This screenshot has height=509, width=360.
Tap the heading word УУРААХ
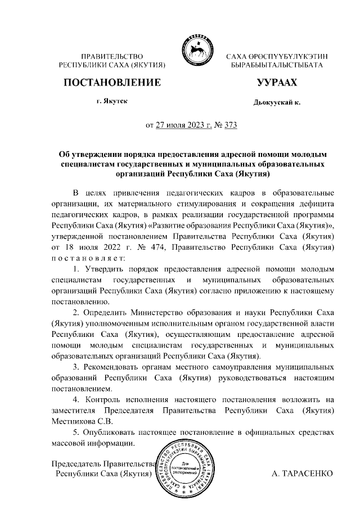point(276,83)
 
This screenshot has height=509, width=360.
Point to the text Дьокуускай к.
point(277,103)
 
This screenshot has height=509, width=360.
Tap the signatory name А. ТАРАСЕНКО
point(303,474)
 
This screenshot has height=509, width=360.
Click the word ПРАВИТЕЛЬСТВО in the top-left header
point(112,57)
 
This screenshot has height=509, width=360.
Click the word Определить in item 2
point(105,311)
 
